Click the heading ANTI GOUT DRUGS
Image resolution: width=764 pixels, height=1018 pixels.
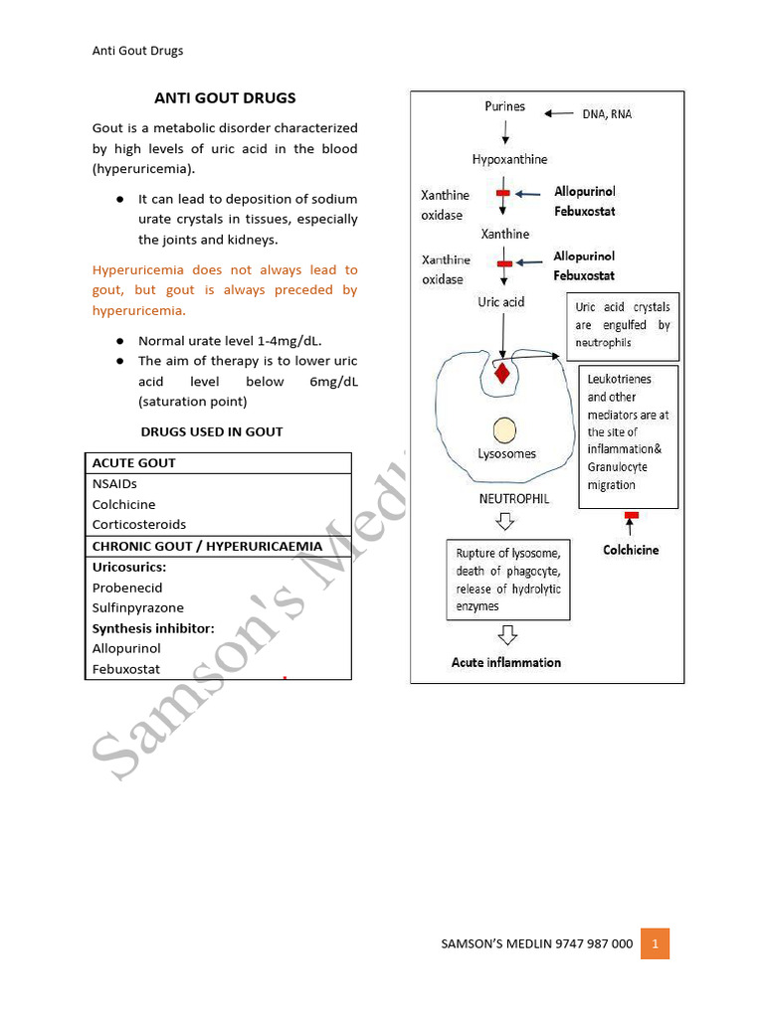point(225,98)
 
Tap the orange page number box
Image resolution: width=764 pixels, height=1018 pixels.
point(655,943)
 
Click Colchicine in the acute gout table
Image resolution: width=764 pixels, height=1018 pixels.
point(124,504)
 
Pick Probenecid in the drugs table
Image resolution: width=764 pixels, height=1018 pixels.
point(127,588)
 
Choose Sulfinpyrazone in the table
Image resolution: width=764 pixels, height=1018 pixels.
point(138,607)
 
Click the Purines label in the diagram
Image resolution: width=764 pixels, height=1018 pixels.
point(505,106)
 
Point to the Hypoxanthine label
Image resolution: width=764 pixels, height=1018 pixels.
point(509,159)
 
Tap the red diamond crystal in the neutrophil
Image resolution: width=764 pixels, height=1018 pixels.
point(502,374)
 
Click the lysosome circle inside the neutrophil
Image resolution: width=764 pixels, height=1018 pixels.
point(504,429)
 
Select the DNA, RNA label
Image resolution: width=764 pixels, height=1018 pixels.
point(607,114)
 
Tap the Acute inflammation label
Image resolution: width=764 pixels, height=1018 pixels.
point(506,662)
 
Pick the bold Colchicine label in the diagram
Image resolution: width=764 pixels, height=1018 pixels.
point(631,550)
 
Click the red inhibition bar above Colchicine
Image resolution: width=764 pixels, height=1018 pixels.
point(631,515)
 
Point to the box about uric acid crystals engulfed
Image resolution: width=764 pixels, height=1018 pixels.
point(623,325)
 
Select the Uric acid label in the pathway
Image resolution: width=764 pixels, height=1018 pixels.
point(501,301)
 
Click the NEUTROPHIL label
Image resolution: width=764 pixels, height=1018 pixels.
point(514,499)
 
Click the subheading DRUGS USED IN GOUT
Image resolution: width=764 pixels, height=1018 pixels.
point(212,431)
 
